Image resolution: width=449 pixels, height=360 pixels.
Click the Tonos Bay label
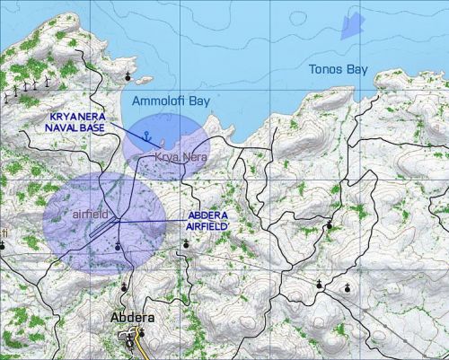coord(338,69)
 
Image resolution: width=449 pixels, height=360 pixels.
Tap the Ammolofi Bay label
coord(171,102)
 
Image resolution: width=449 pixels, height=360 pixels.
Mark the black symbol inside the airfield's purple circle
coord(119,241)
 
